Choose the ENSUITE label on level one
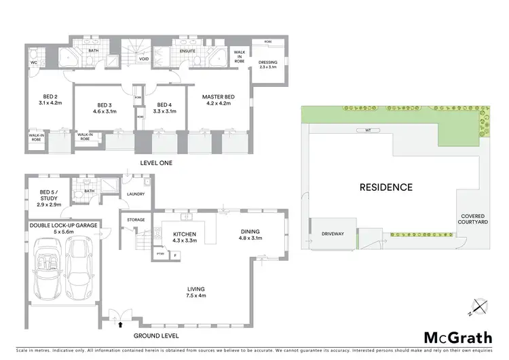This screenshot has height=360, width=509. point(188,50)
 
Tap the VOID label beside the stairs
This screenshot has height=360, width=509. point(144,59)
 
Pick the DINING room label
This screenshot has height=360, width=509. point(250,235)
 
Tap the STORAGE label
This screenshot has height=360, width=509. point(136,219)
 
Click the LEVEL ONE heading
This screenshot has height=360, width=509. point(157,162)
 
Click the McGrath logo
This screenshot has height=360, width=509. point(455,338)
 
